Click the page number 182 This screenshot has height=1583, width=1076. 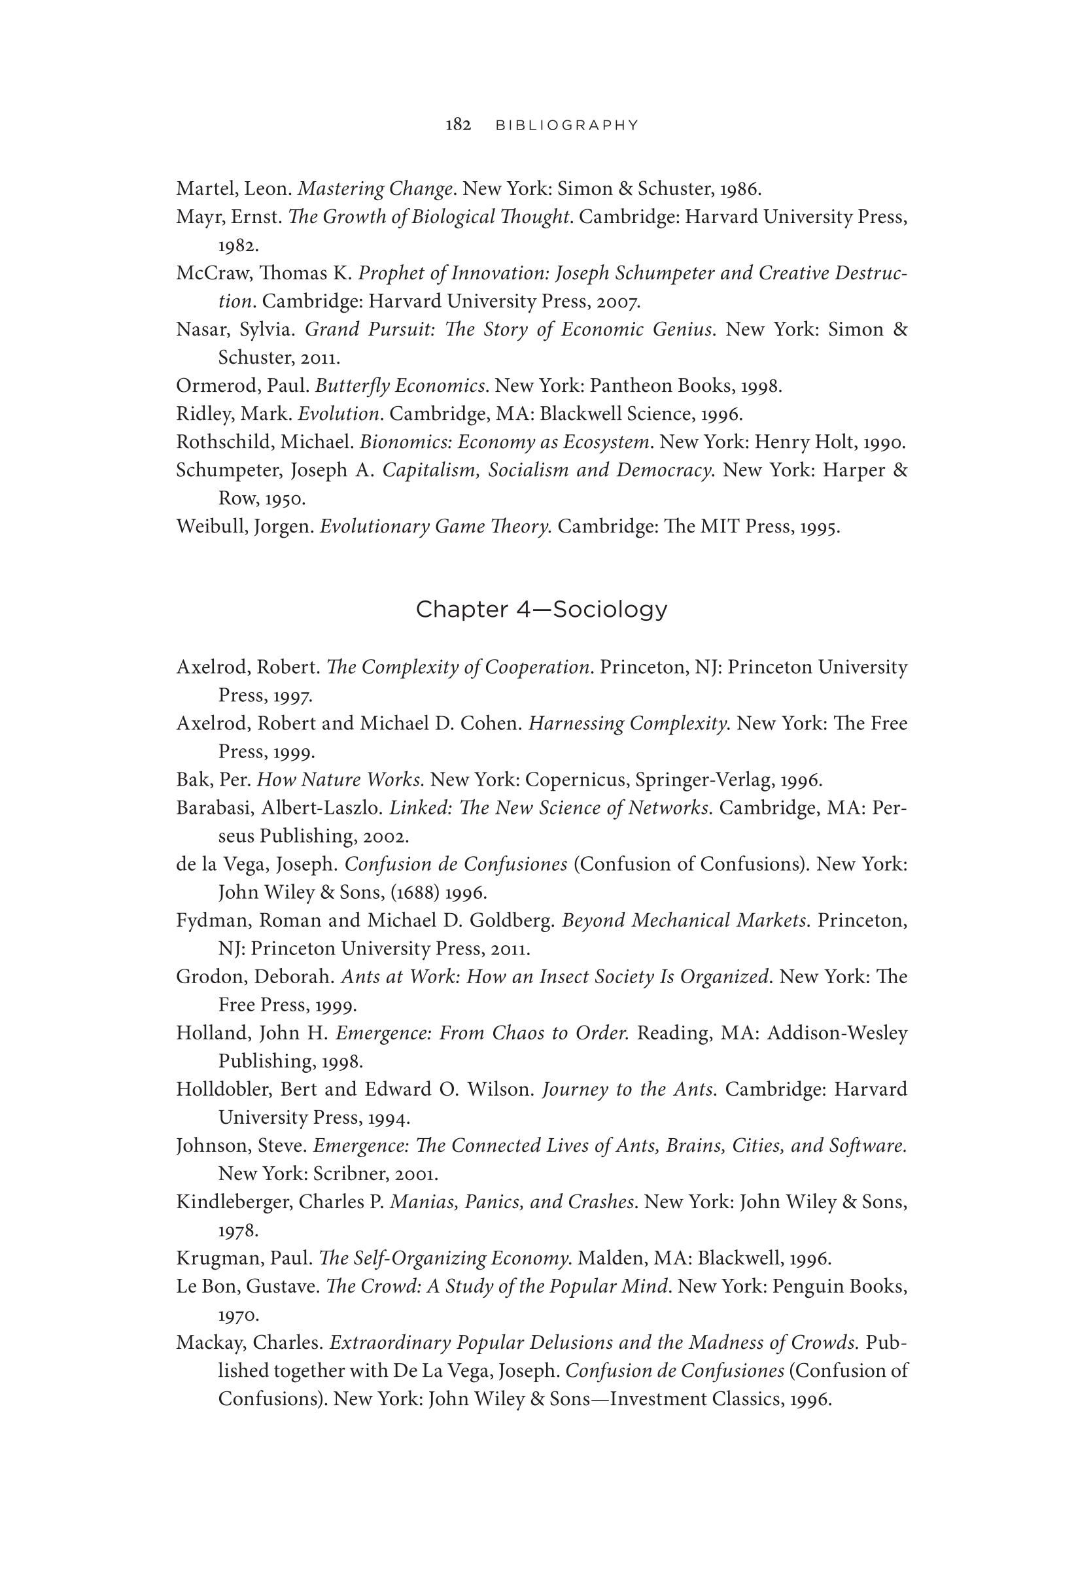click(x=459, y=125)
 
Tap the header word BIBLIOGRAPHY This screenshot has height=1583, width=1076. click(x=566, y=126)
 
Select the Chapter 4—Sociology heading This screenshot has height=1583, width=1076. click(x=542, y=609)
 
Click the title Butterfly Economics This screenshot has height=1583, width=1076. click(x=400, y=386)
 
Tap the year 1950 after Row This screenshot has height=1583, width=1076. click(x=285, y=498)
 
